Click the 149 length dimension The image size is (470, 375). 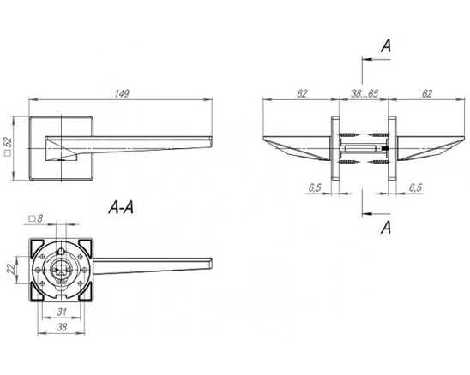pos(122,93)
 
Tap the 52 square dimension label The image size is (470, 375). pos(8,146)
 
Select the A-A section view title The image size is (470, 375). pos(121,207)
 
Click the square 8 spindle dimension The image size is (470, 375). pos(36,218)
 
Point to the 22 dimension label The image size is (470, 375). pos(11,270)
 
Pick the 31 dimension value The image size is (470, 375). pos(62,312)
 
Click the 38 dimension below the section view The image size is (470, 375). pos(62,327)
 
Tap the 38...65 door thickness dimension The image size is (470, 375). pos(365,93)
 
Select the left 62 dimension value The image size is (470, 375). pos(302,93)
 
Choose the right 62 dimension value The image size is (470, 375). pos(427,93)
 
